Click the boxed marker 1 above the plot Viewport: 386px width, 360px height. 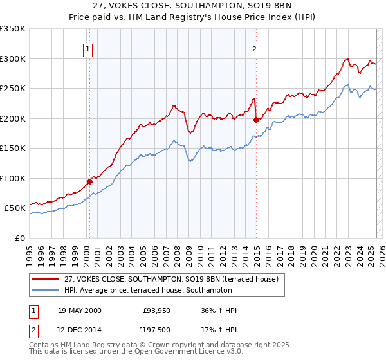point(87,48)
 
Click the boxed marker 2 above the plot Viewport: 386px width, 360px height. point(255,48)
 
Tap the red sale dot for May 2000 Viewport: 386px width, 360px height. point(89,181)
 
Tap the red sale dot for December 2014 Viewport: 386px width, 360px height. point(257,120)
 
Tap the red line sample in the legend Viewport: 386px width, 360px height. point(46,279)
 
